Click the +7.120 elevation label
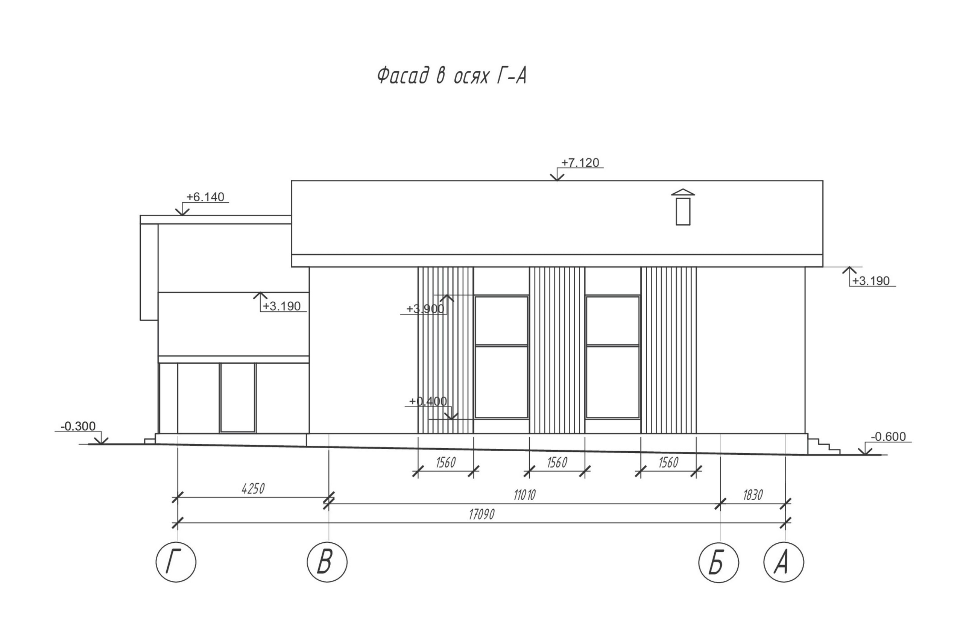point(580,163)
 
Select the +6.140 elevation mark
point(205,197)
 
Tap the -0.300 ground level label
point(78,426)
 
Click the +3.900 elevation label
point(425,309)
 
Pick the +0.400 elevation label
point(427,401)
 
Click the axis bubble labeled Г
point(176,562)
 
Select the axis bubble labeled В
point(327,562)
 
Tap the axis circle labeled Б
point(718,562)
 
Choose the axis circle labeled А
point(784,562)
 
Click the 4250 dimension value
point(253,489)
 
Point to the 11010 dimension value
point(524,495)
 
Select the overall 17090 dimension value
point(481,514)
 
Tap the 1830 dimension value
point(753,495)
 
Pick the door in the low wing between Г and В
point(237,397)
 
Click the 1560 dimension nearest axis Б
point(668,463)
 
